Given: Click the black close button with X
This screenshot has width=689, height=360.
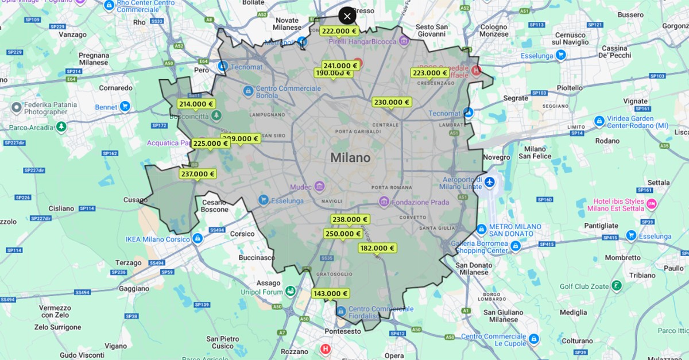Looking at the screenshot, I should pyautogui.click(x=347, y=16).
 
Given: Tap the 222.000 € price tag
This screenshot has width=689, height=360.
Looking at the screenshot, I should pyautogui.click(x=339, y=32).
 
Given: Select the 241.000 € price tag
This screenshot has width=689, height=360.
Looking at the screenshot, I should pyautogui.click(x=340, y=65).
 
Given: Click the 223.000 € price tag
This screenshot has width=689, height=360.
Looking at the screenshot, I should pyautogui.click(x=430, y=73).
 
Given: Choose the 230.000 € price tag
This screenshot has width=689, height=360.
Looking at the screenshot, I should pyautogui.click(x=392, y=103).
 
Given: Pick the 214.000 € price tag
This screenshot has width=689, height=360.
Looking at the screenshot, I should pyautogui.click(x=196, y=104).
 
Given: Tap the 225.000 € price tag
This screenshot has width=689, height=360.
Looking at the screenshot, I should pyautogui.click(x=210, y=144).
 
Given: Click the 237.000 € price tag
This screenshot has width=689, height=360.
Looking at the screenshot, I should pyautogui.click(x=198, y=174).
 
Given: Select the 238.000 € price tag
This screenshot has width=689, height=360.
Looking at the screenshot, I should pyautogui.click(x=350, y=219).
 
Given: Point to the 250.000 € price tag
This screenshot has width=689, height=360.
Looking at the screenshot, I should pyautogui.click(x=343, y=234).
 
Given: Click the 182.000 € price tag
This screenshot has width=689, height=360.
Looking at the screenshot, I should pyautogui.click(x=377, y=248).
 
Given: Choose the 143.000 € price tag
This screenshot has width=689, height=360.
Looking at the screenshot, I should pyautogui.click(x=330, y=293).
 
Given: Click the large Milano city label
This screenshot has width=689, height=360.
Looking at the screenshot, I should pyautogui.click(x=350, y=158).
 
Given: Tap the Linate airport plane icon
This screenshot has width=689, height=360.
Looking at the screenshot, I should pyautogui.click(x=489, y=183).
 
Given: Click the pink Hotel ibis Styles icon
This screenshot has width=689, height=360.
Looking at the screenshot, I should pyautogui.click(x=651, y=204).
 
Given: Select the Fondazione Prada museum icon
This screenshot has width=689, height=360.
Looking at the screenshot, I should pyautogui.click(x=384, y=202).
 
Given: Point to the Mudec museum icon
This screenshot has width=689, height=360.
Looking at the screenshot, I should pyautogui.click(x=319, y=187).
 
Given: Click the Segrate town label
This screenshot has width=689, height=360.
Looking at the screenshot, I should pyautogui.click(x=515, y=98).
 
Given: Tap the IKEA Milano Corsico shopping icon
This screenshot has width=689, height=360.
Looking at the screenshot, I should pyautogui.click(x=198, y=238).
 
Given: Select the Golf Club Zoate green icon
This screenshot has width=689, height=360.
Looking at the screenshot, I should pyautogui.click(x=616, y=285).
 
